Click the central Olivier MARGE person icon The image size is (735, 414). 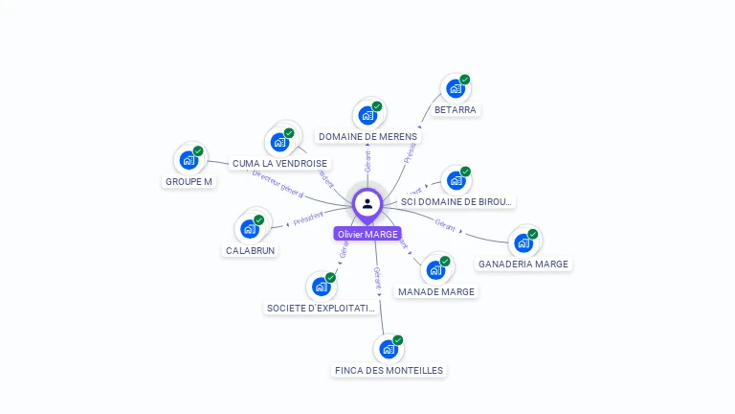[367, 204]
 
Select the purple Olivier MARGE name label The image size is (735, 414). [367, 234]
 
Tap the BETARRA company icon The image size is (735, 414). [455, 89]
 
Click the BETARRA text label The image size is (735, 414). [455, 110]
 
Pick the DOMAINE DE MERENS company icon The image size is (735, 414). [367, 116]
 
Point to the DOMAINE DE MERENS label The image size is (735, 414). [367, 137]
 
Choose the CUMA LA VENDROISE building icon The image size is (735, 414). [279, 143]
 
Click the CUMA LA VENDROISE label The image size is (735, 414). [279, 164]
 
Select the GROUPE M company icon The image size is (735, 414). [189, 160]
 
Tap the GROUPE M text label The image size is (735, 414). [189, 181]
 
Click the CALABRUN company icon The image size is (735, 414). [250, 229]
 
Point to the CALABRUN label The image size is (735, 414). [250, 250]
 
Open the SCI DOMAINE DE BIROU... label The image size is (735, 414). [457, 202]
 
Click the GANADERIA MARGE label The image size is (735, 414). [523, 264]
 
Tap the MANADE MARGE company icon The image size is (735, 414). [435, 270]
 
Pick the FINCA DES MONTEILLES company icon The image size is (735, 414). [389, 350]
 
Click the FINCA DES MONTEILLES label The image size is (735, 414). [390, 370]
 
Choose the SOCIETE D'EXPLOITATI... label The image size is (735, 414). [321, 309]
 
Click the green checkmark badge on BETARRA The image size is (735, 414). [465, 80]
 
